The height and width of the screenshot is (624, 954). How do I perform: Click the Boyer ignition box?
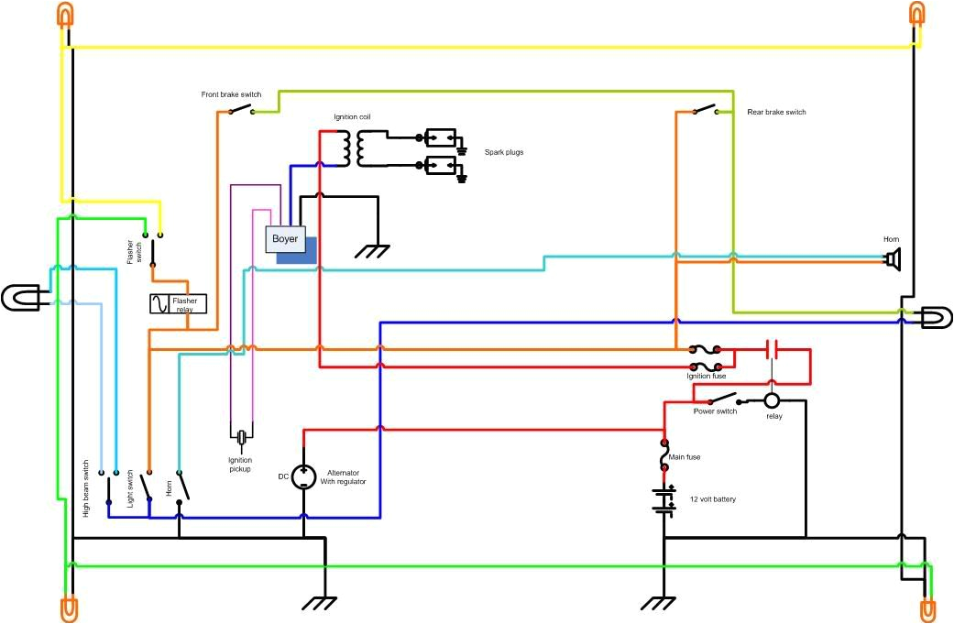[x=285, y=238]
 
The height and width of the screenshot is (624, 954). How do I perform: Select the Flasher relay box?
[x=179, y=303]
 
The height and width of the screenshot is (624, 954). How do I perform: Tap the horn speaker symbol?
[x=892, y=259]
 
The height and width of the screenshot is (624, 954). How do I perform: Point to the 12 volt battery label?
[x=712, y=499]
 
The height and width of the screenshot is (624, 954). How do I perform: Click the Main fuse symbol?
[x=663, y=454]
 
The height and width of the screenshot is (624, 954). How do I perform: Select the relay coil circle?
[x=772, y=400]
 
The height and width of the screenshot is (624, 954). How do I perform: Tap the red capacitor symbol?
[x=772, y=349]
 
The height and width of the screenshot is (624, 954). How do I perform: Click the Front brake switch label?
[x=232, y=95]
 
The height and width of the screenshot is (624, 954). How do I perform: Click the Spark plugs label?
[x=504, y=151]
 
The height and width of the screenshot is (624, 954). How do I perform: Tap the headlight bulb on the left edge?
[x=19, y=297]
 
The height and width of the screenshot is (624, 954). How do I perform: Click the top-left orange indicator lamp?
[x=66, y=16]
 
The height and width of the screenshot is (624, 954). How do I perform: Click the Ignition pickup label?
[x=239, y=465]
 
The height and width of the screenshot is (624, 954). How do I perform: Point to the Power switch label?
[x=715, y=411]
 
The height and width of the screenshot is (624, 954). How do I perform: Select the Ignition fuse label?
[x=706, y=376]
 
